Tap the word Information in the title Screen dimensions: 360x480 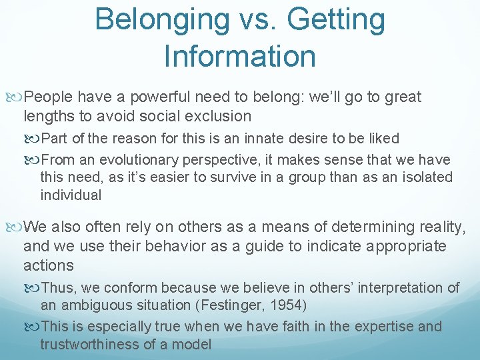coord(239,56)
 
